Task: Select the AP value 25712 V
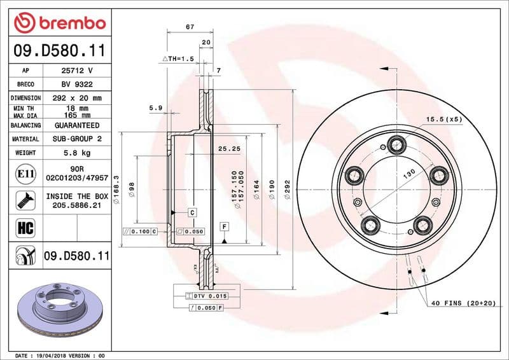click(x=77, y=71)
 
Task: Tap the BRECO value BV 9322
click(x=77, y=84)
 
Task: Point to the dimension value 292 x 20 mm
click(x=77, y=98)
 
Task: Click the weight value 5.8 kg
click(x=77, y=153)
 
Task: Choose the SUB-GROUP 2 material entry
click(x=77, y=139)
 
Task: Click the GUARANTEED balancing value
click(x=77, y=125)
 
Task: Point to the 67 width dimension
click(x=190, y=27)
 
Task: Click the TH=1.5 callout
click(x=178, y=59)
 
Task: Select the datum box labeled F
click(x=224, y=226)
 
